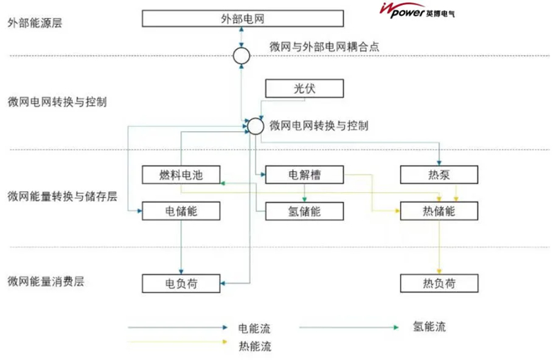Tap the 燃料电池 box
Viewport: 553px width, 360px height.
[x=180, y=175]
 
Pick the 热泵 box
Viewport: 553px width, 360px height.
[x=439, y=175]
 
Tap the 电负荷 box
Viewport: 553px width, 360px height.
[x=180, y=283]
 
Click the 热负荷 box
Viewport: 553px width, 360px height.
[x=439, y=283]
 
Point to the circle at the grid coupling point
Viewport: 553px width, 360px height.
[x=241, y=56]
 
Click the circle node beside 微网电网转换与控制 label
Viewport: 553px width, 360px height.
[x=255, y=126]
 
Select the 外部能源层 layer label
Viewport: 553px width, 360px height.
[x=35, y=22]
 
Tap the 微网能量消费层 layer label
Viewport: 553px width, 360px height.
[x=46, y=282]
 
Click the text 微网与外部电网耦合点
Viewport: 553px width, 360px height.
[x=325, y=47]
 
